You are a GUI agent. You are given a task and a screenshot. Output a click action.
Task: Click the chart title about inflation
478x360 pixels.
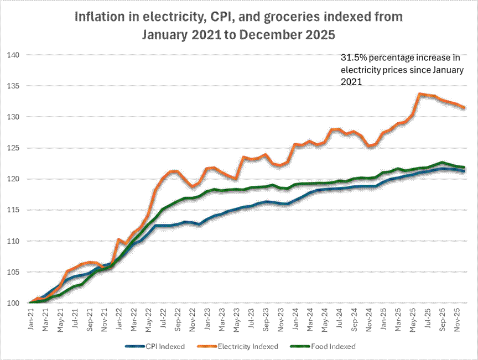(x=239, y=25)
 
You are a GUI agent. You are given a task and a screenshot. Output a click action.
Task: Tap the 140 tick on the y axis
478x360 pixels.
(x=13, y=55)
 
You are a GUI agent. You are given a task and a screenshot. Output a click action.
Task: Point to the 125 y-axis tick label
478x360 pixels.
(x=13, y=148)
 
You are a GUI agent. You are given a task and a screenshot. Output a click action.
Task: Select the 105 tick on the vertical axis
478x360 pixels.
(x=13, y=272)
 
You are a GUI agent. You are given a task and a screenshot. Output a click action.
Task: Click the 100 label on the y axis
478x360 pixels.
(x=13, y=303)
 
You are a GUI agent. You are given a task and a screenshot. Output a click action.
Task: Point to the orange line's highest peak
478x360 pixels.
(x=420, y=94)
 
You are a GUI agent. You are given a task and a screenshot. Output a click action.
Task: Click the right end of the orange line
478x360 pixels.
(x=464, y=108)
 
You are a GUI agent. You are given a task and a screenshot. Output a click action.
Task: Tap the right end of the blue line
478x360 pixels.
(x=464, y=171)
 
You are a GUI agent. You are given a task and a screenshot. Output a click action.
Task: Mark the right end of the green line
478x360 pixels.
(x=464, y=168)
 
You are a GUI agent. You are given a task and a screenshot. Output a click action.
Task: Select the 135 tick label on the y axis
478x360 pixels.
(x=13, y=86)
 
